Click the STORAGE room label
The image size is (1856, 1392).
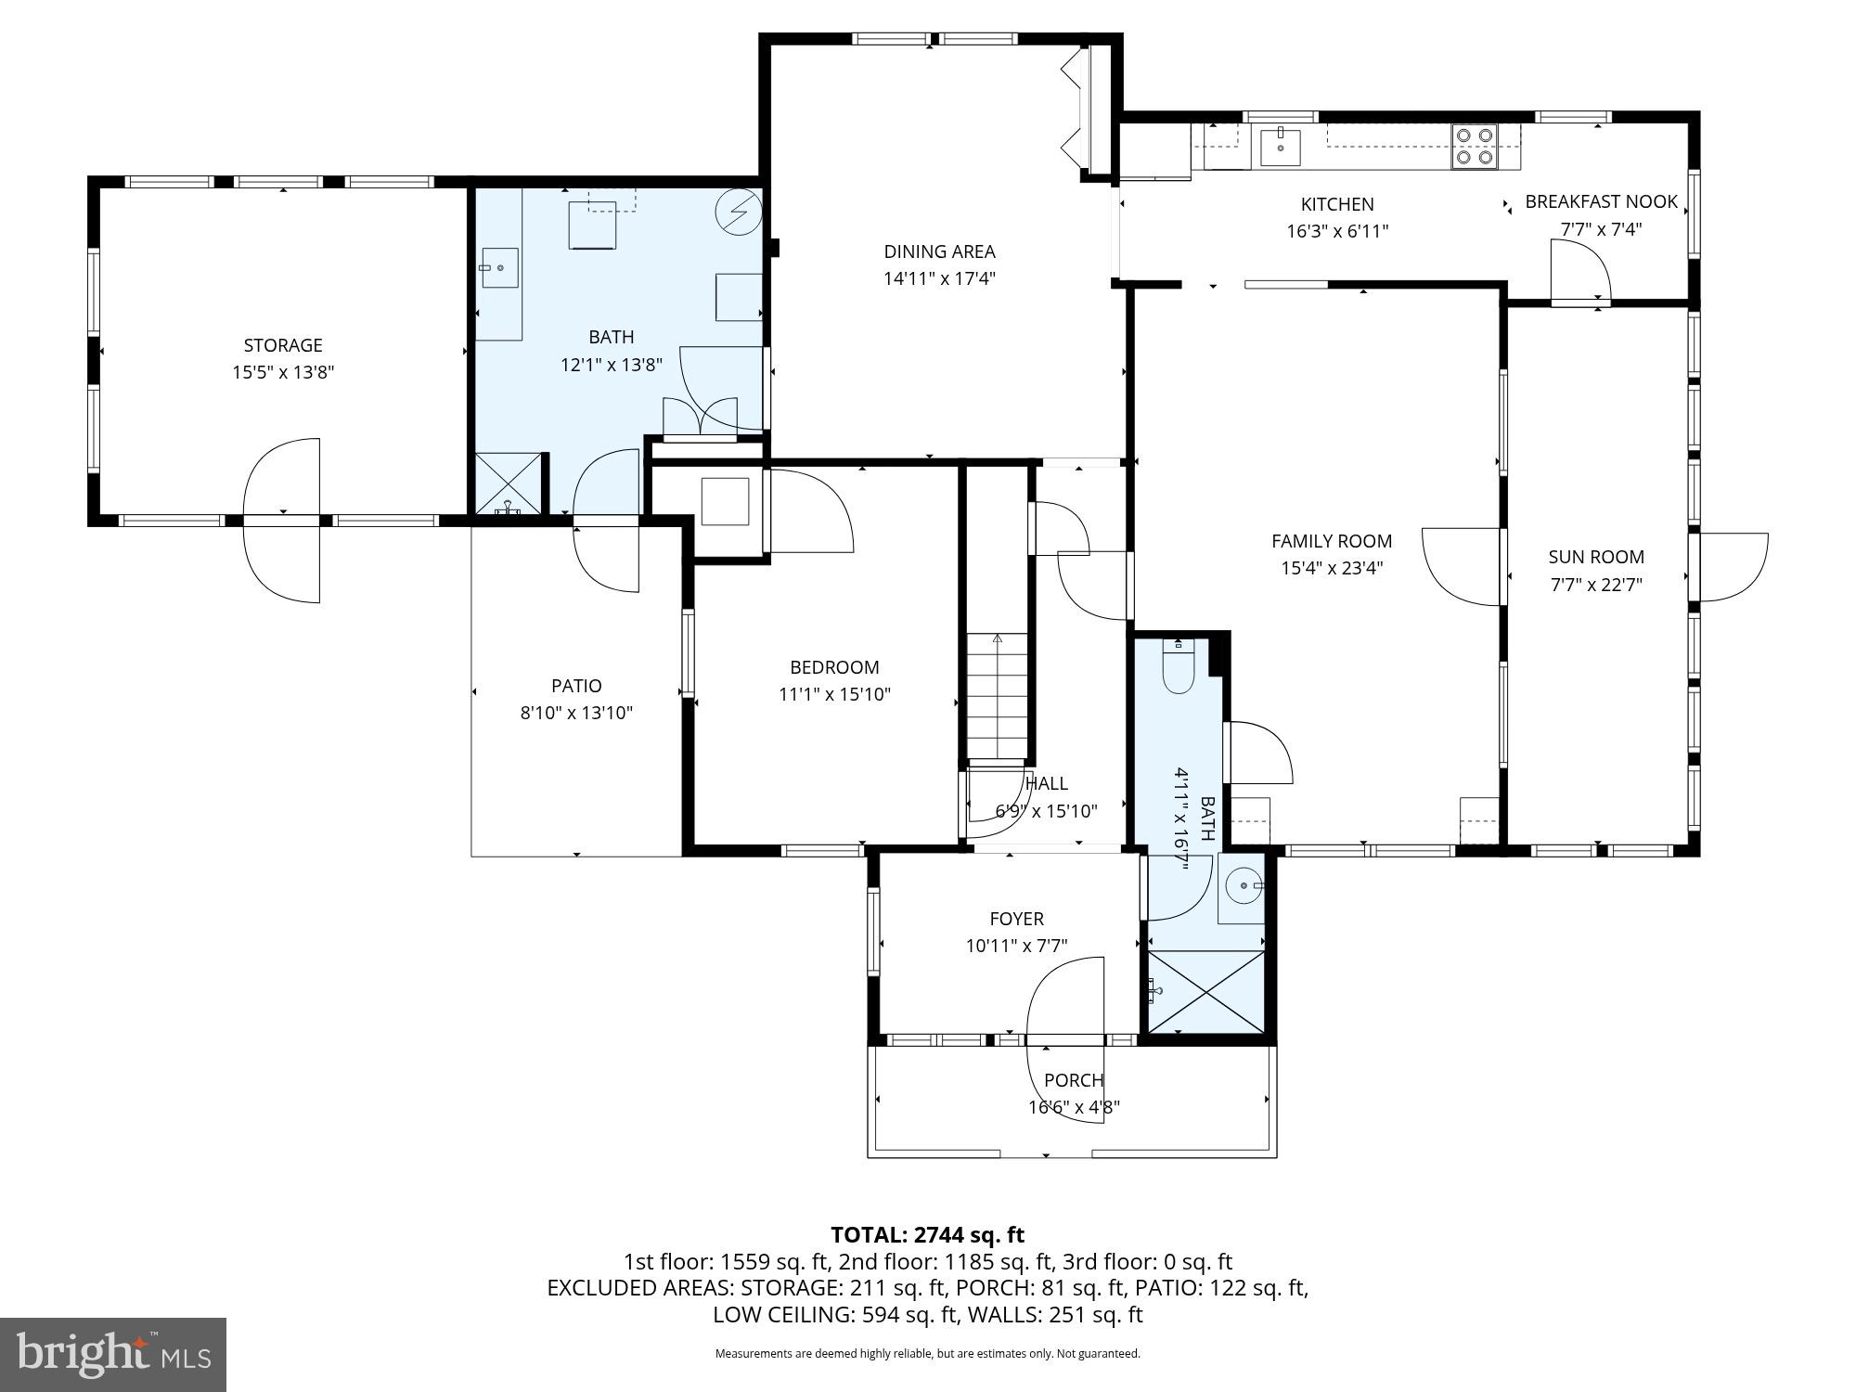(x=283, y=345)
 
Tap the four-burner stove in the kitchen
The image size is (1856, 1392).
(x=1474, y=147)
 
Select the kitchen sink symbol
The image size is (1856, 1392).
(x=1281, y=147)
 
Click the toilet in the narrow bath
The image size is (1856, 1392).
(x=1178, y=669)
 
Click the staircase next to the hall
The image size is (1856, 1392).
(x=998, y=696)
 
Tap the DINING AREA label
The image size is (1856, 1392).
(x=939, y=251)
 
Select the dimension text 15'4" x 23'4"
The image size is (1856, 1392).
(x=1332, y=568)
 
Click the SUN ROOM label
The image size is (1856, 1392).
(x=1596, y=557)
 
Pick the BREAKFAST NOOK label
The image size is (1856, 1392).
(x=1602, y=201)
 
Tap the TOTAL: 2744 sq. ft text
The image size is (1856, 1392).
(x=927, y=1235)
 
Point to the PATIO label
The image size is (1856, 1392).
(x=576, y=686)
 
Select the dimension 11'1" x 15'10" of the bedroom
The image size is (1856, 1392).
(x=834, y=694)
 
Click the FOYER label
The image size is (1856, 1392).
(x=1016, y=919)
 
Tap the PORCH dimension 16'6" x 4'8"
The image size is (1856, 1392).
(x=1074, y=1107)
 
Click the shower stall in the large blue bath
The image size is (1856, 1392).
(x=508, y=483)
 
